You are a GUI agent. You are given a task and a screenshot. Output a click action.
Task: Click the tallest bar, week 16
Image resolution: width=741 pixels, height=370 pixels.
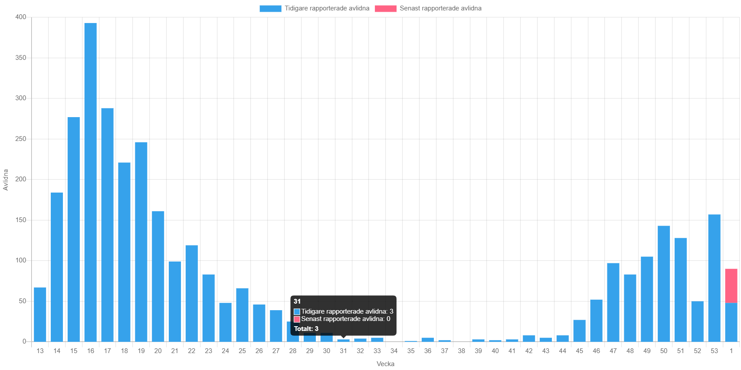(x=90, y=182)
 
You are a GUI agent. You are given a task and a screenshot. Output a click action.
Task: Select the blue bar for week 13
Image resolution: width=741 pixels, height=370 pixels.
(x=40, y=314)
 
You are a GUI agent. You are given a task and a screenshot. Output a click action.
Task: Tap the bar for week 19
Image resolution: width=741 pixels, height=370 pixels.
(x=141, y=242)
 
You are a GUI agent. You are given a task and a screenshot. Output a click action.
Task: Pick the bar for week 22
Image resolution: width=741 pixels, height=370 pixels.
(x=191, y=293)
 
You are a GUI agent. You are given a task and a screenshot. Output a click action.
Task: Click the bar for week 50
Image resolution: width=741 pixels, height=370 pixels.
(x=664, y=284)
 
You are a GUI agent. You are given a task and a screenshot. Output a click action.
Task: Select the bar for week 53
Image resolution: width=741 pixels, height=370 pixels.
(x=714, y=278)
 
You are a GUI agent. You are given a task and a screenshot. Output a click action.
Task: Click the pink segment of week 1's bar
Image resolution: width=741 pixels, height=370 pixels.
(x=731, y=285)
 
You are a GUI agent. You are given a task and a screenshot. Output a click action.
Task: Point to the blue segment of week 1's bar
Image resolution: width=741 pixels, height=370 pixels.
(x=731, y=322)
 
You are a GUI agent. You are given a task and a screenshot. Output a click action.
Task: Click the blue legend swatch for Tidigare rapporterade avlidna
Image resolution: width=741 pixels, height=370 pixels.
(x=270, y=9)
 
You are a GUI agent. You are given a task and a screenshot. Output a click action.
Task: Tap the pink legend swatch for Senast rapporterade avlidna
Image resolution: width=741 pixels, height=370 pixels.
(x=386, y=9)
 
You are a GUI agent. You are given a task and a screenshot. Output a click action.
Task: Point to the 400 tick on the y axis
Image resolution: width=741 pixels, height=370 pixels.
(x=21, y=17)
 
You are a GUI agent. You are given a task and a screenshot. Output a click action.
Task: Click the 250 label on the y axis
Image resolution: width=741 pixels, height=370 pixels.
(x=21, y=139)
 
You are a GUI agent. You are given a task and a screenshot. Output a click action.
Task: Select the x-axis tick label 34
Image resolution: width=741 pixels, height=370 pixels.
(x=394, y=351)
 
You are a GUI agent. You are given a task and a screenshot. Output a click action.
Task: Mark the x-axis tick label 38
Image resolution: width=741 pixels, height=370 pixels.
(x=461, y=351)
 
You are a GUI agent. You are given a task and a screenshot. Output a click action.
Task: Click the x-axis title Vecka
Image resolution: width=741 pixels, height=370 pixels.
(x=385, y=364)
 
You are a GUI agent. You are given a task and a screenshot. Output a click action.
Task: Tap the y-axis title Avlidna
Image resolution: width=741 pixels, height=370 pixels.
(x=6, y=180)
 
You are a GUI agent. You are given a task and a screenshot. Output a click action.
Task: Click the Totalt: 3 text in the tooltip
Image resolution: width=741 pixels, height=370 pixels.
(x=306, y=329)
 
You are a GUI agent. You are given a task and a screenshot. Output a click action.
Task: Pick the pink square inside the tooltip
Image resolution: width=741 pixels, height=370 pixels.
(x=297, y=319)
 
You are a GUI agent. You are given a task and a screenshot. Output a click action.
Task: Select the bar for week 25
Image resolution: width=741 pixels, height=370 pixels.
(x=242, y=314)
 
